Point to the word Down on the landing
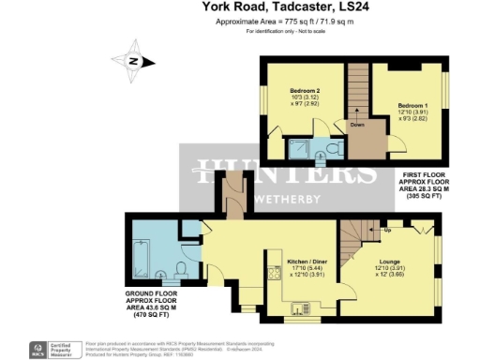pos(357,123)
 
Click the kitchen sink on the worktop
pos(303,307)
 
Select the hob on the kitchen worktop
pos(271,274)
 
